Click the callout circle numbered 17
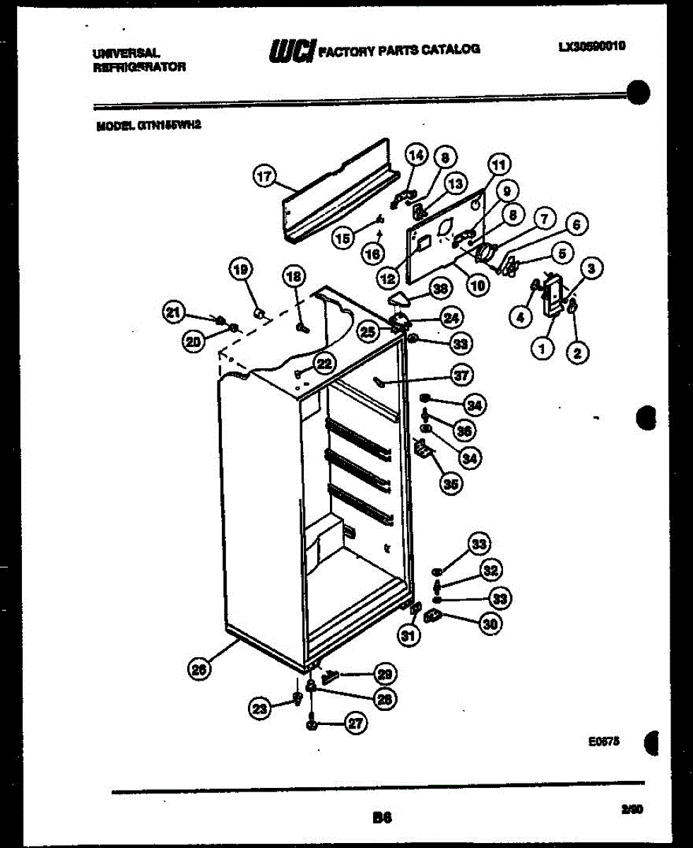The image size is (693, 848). point(264,177)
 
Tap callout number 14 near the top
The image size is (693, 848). point(416,155)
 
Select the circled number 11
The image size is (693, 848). point(499,166)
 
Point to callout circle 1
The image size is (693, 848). point(542,348)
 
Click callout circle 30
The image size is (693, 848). point(488,623)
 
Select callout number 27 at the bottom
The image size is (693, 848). point(356,722)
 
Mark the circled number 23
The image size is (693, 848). point(260,706)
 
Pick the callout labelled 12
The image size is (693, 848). point(388,279)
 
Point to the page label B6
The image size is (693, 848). point(382,818)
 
